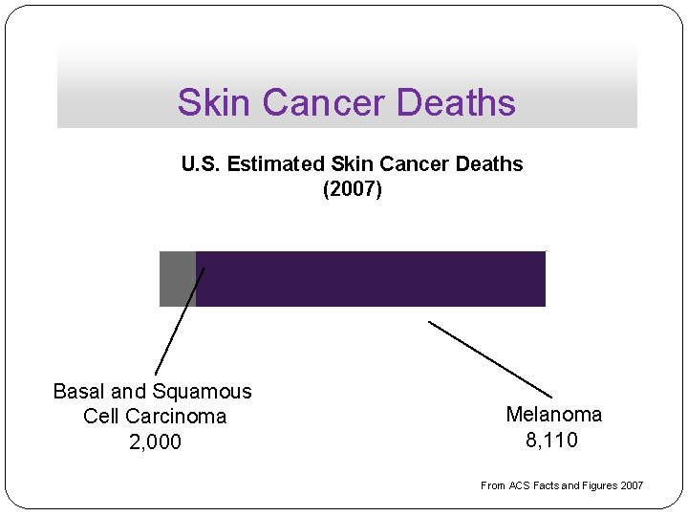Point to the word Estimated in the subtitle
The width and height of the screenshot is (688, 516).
[272, 164]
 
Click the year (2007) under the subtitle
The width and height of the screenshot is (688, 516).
[352, 189]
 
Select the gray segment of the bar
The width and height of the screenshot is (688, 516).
[178, 279]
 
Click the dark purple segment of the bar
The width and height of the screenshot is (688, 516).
[371, 279]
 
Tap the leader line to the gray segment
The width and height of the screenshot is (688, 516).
[180, 321]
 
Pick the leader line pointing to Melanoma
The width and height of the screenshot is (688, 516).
[490, 359]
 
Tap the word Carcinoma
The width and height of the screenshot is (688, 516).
[182, 417]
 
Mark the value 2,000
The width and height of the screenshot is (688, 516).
[153, 441]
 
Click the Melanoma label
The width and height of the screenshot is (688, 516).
[553, 415]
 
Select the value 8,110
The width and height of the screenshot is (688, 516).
[551, 440]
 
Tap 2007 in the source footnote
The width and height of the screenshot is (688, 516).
[632, 485]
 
